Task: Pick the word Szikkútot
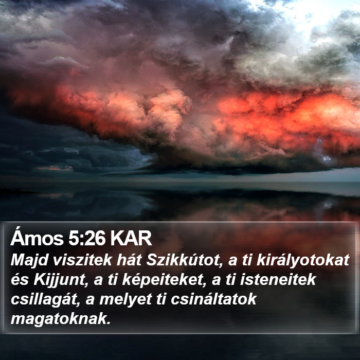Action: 183,261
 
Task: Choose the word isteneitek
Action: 278,280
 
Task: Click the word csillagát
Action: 44,300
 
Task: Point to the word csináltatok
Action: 214,299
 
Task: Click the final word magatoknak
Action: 59,319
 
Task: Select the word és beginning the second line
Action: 20,280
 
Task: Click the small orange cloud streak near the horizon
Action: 55,168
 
